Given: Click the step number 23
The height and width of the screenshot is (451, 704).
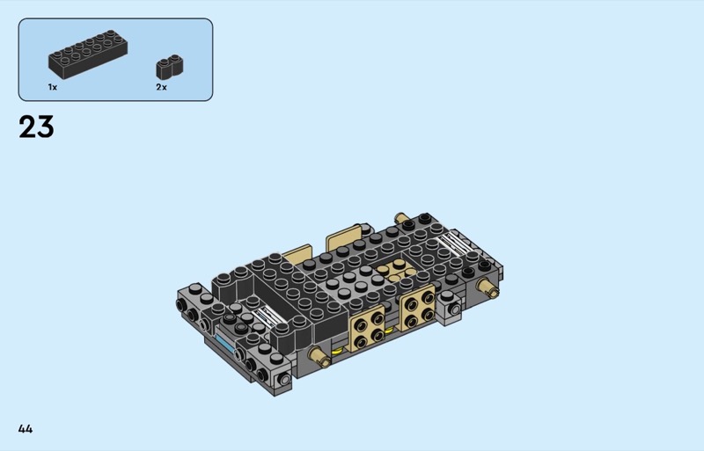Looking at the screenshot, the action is click(x=36, y=127).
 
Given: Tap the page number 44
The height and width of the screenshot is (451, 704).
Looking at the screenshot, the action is click(x=26, y=429).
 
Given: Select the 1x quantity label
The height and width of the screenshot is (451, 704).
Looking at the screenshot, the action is click(x=53, y=87).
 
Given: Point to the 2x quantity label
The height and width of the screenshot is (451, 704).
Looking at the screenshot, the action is click(x=162, y=87).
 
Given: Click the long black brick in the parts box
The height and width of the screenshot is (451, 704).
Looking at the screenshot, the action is click(x=88, y=55).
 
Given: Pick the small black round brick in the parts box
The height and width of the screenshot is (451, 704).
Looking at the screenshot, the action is click(x=170, y=67).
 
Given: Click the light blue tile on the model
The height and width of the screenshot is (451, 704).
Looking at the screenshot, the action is click(x=225, y=343).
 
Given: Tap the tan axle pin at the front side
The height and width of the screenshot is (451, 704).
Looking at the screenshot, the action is click(x=320, y=357).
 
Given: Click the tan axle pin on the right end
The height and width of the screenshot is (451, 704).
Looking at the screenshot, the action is click(x=488, y=287).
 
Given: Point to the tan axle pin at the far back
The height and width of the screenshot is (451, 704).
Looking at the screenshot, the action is click(x=401, y=218).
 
